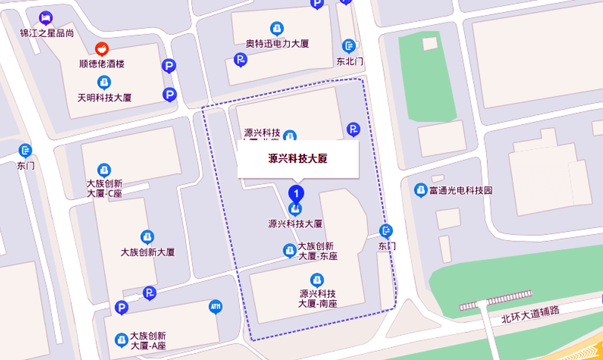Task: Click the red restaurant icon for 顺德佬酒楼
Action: pyautogui.click(x=101, y=49)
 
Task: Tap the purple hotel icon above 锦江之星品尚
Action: pyautogui.click(x=46, y=17)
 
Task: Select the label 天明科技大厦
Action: pyautogui.click(x=104, y=98)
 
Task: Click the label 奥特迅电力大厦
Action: pyautogui.click(x=277, y=44)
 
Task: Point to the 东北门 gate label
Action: pyautogui.click(x=350, y=61)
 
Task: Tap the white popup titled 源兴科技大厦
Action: pyautogui.click(x=298, y=159)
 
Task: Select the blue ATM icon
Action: pyautogui.click(x=216, y=307)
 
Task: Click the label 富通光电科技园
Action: pyautogui.click(x=462, y=191)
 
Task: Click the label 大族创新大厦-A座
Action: pyautogui.click(x=149, y=341)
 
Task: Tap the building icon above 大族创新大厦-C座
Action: pyautogui.click(x=104, y=169)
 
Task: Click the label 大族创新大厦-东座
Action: pyautogui.click(x=318, y=251)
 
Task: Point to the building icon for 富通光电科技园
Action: pyautogui.click(x=421, y=190)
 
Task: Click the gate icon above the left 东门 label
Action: pyautogui.click(x=25, y=150)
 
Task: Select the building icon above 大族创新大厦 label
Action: pyautogui.click(x=147, y=237)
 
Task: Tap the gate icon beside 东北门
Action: pyautogui.click(x=349, y=46)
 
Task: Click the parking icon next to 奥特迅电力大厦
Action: pyautogui.click(x=240, y=60)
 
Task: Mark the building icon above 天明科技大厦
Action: pyautogui.click(x=104, y=82)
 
